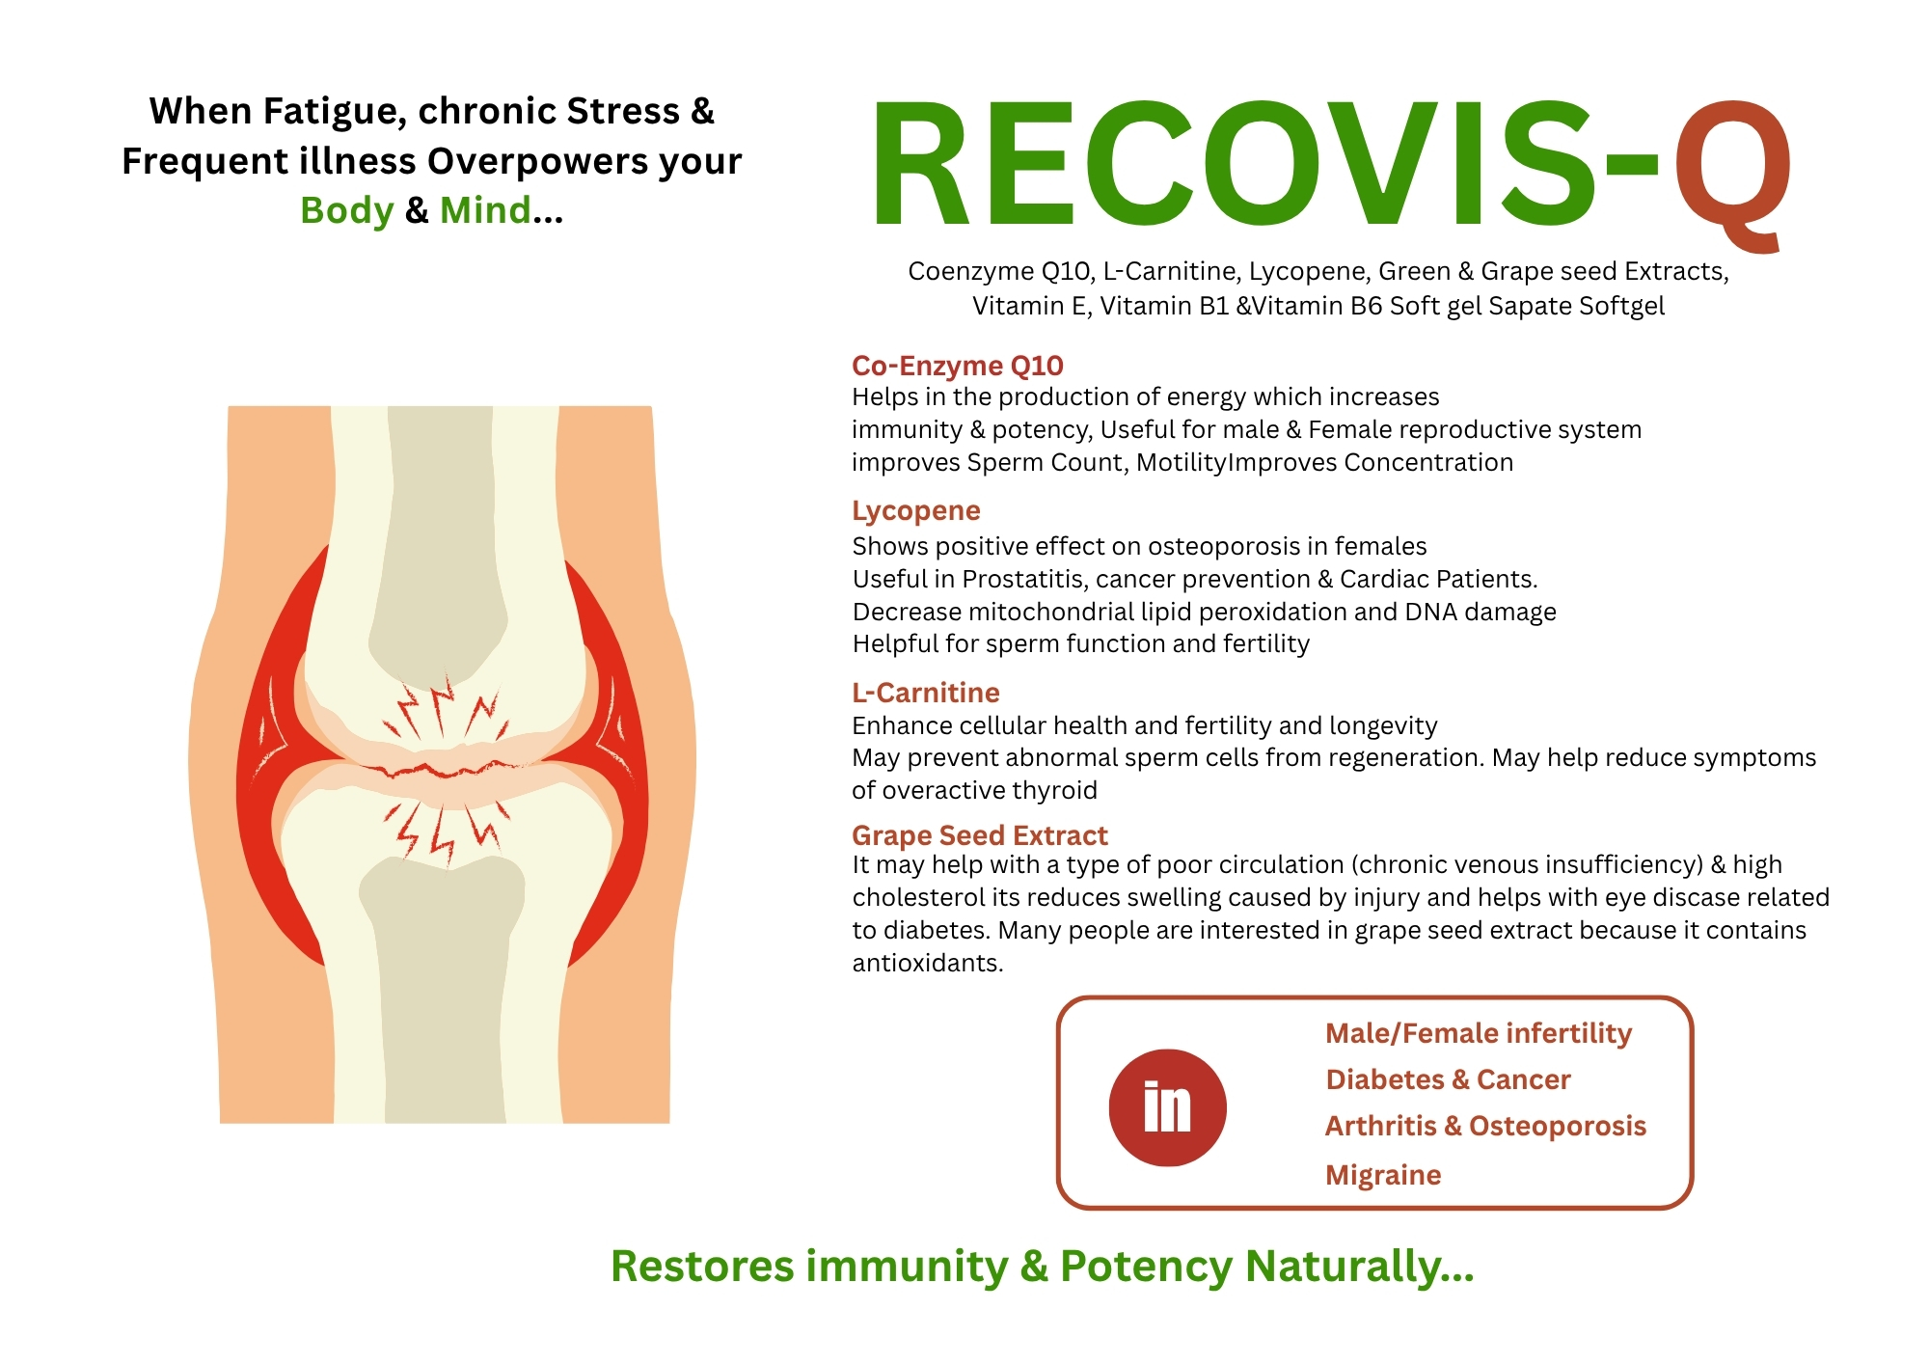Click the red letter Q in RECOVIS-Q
click(x=1732, y=174)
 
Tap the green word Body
click(x=347, y=210)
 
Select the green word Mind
click(x=485, y=209)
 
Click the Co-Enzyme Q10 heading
click(x=958, y=366)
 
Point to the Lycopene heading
click(x=916, y=511)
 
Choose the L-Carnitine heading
click(x=926, y=693)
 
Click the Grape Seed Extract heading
click(x=980, y=835)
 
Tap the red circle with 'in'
click(x=1167, y=1107)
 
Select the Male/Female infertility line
click(x=1479, y=1033)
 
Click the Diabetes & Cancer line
click(x=1449, y=1079)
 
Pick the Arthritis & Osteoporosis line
click(x=1485, y=1126)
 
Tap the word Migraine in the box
click(x=1383, y=1175)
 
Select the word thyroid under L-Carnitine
click(x=1057, y=791)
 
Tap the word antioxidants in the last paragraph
click(x=928, y=963)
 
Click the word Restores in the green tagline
click(x=703, y=1267)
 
